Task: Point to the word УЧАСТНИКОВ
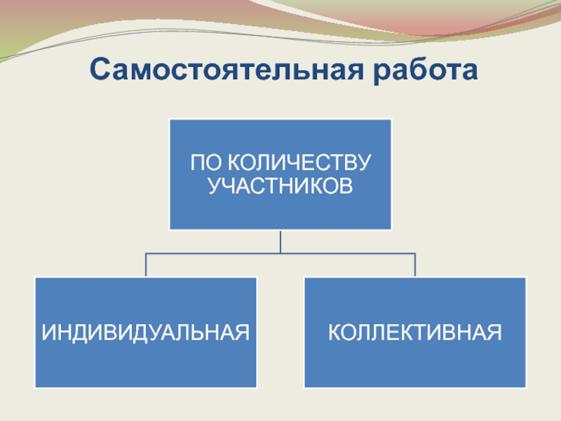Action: tap(280, 186)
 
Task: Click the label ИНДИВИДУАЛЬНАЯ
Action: tap(146, 331)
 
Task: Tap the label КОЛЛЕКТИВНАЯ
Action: tap(414, 331)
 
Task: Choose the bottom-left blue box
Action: tap(146, 365)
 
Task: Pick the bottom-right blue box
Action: tap(414, 365)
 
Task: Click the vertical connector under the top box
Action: tap(280, 241)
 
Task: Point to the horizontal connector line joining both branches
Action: tap(210, 253)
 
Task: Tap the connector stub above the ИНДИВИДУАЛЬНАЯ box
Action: tap(146, 265)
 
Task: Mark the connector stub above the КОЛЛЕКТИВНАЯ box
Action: tap(414, 265)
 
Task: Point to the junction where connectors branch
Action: tap(280, 253)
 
